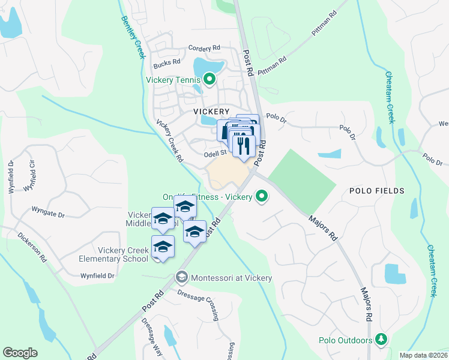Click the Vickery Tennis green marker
209,79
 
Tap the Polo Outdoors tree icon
380,340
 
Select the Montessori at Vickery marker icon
181,277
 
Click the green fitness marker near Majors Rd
262,196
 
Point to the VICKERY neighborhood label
211,112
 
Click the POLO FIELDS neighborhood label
377,191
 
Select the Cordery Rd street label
204,49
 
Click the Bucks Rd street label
167,62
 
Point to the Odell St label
214,154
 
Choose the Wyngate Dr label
48,213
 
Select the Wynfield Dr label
98,276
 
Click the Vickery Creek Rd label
169,141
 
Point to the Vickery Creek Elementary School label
113,254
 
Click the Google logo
20,353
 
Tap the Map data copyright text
424,355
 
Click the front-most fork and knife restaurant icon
244,145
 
